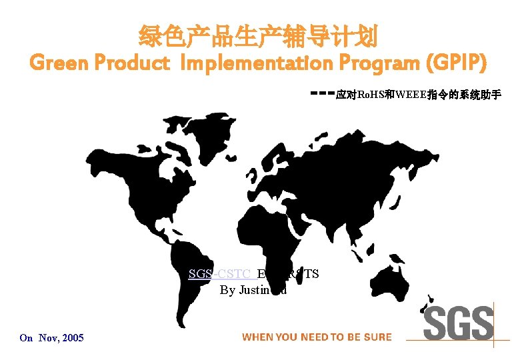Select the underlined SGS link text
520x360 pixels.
(198, 274)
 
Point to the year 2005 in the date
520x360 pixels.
(72, 338)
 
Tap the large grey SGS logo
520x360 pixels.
(459, 323)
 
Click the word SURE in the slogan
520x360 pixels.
(377, 337)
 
